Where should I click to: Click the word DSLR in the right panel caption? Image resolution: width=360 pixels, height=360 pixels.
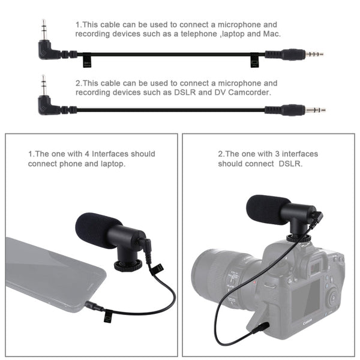click(290, 163)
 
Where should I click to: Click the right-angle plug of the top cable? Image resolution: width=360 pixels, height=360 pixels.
click(46, 48)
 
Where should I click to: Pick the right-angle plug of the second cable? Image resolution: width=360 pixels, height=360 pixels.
click(46, 104)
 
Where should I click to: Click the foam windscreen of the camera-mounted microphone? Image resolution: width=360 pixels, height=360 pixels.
click(268, 209)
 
